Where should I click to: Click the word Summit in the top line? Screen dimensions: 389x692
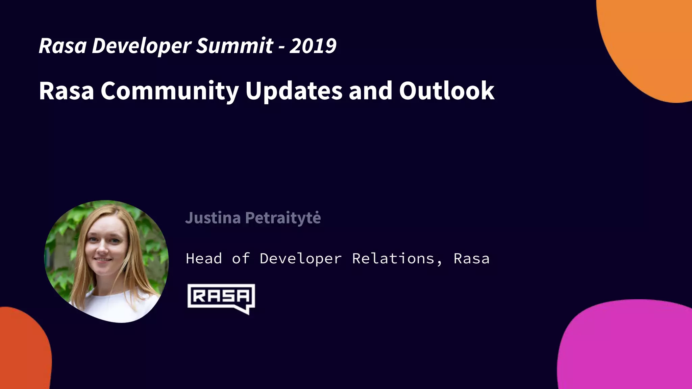234,46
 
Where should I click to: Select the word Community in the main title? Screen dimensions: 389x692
170,91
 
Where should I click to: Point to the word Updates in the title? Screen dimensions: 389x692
294,91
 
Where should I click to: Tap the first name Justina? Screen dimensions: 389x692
213,218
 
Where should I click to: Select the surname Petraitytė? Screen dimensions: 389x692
283,218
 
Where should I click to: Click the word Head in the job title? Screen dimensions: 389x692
204,259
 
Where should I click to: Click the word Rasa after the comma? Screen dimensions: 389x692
471,259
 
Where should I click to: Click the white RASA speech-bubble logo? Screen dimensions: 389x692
221,298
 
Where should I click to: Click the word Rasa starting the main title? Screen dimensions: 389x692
66,91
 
